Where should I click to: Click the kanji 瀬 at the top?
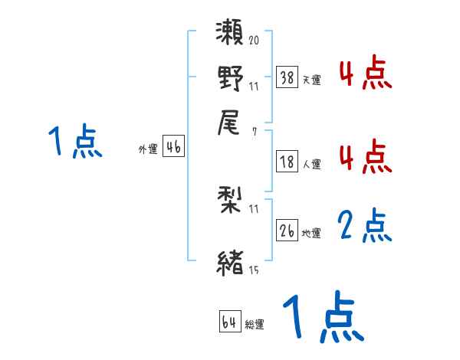pyautogui.click(x=231, y=34)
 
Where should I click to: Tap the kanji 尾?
pyautogui.click(x=231, y=122)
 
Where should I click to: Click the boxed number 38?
pyautogui.click(x=287, y=77)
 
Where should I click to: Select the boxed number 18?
pyautogui.click(x=287, y=162)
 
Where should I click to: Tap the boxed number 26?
pyautogui.click(x=287, y=231)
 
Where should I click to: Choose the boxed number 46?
pyautogui.click(x=173, y=148)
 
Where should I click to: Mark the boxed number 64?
pyautogui.click(x=229, y=322)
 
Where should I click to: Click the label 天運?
pyautogui.click(x=311, y=80)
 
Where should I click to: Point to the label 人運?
pyautogui.click(x=311, y=164)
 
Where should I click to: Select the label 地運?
pyautogui.click(x=311, y=233)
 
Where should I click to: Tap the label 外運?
pyautogui.click(x=148, y=150)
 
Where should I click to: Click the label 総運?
pyautogui.click(x=254, y=324)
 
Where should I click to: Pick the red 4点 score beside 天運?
pyautogui.click(x=365, y=74)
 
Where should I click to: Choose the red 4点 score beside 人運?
pyautogui.click(x=365, y=157)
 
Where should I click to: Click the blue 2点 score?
pyautogui.click(x=365, y=226)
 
